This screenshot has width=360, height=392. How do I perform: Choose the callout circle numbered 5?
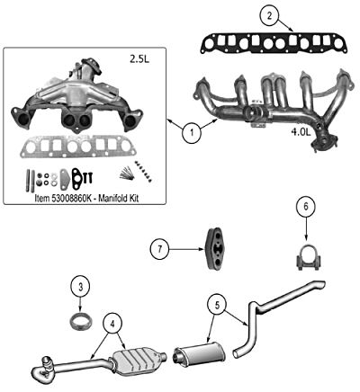point(217,305)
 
